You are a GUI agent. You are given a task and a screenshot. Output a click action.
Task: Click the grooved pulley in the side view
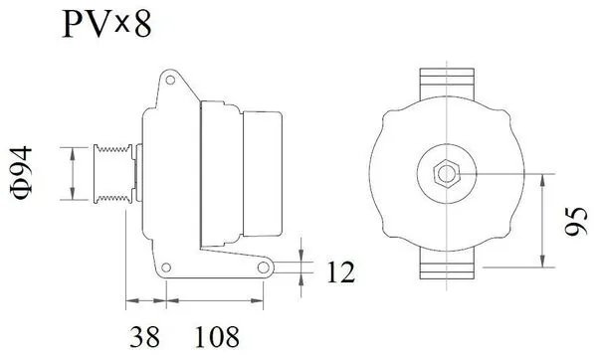point(112,175)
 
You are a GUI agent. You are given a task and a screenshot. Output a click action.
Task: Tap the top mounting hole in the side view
point(170,79)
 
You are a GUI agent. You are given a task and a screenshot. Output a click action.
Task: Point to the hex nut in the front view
point(445,174)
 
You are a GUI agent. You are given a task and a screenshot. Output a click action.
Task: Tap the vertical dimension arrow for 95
point(543,221)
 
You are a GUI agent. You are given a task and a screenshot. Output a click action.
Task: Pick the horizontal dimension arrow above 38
point(144,298)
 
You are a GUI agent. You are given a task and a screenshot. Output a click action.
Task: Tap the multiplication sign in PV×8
point(118,22)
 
